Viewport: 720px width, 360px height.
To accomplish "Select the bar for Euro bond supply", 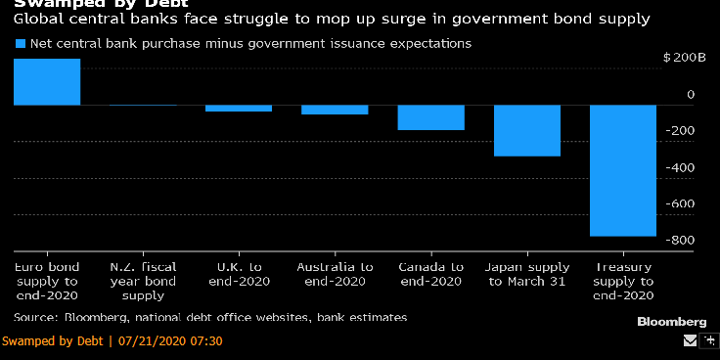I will coord(47,82).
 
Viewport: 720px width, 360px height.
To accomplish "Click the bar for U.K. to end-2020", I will coord(239,108).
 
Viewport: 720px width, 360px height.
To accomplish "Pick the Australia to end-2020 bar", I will coord(335,110).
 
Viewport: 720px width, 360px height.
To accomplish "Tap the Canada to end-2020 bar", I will coord(430,117).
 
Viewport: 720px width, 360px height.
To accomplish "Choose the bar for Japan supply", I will coord(527,130).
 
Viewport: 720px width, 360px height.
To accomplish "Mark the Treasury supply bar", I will coord(623,170).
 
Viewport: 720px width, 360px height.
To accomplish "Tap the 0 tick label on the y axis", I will coord(691,95).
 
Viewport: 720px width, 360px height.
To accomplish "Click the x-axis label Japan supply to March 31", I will coord(527,273).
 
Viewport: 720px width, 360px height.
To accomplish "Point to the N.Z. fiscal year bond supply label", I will coord(143,281).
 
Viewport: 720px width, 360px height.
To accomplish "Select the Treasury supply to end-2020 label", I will coord(624,281).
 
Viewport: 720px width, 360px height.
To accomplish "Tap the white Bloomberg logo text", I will coord(671,322).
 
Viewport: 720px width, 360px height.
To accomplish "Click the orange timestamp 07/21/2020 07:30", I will coord(170,341).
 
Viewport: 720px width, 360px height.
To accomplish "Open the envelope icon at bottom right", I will coord(691,341).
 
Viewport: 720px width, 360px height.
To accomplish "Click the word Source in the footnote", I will coord(36,317).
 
